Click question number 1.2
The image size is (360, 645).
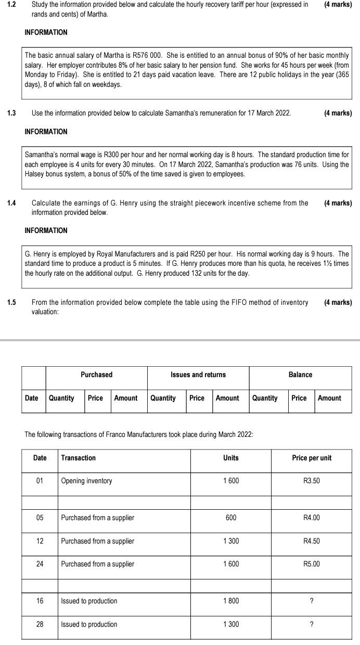click(11, 5)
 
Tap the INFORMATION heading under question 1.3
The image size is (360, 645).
click(46, 132)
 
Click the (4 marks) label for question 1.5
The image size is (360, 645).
click(338, 302)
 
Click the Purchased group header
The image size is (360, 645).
click(96, 375)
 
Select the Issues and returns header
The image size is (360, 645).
click(198, 375)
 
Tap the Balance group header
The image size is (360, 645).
click(300, 375)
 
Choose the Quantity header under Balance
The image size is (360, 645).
click(265, 398)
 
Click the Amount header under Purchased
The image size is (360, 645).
click(126, 398)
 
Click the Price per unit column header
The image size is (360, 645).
click(312, 458)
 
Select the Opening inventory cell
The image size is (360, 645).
click(86, 481)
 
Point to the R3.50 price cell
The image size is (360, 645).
click(312, 481)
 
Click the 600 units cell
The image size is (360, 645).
click(231, 518)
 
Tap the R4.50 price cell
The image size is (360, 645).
click(312, 541)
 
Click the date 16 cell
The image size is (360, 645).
click(40, 601)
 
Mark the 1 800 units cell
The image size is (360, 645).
click(231, 601)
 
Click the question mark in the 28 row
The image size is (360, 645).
click(312, 624)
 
